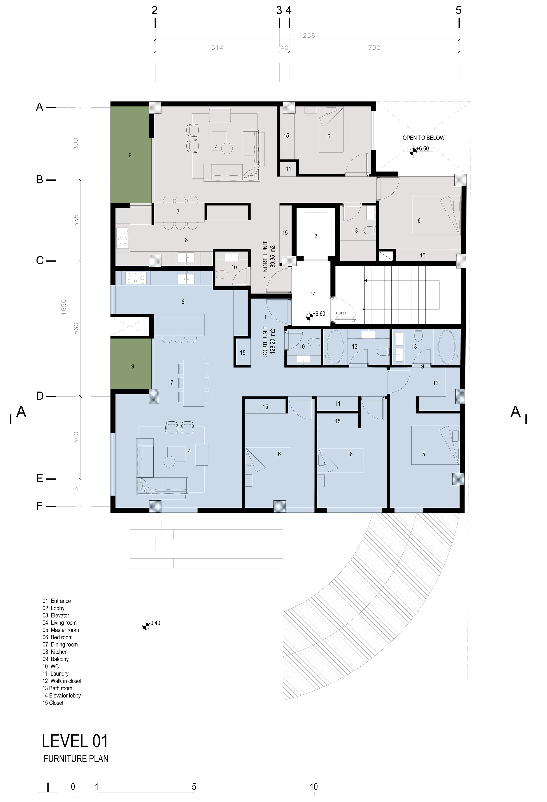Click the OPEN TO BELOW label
tap(423, 138)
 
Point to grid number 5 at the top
tap(458, 10)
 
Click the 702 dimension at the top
tap(374, 48)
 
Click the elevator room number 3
tap(316, 236)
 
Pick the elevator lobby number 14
tap(313, 294)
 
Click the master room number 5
tap(423, 454)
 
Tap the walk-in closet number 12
tap(435, 383)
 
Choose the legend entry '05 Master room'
tap(61, 630)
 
